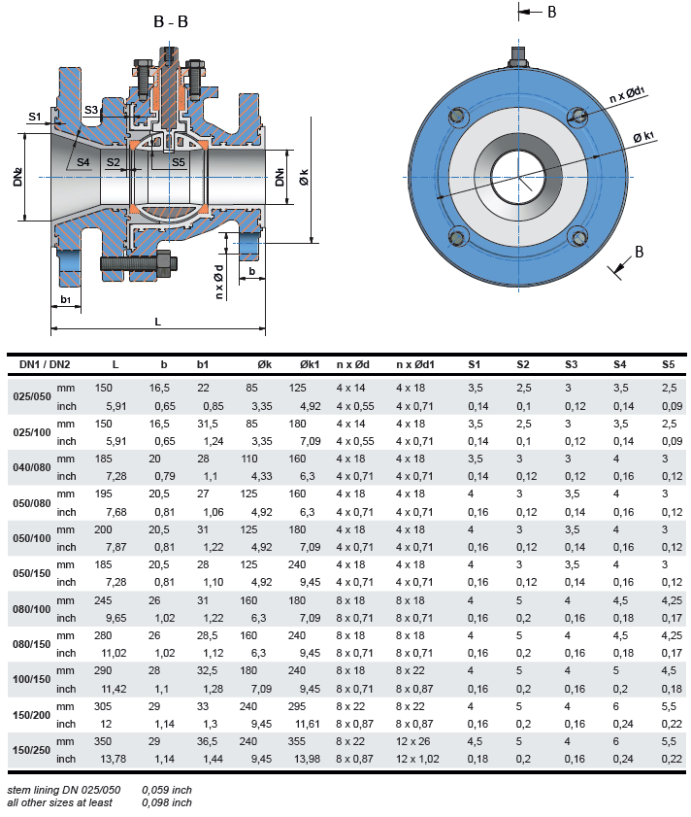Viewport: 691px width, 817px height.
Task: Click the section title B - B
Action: click(x=170, y=22)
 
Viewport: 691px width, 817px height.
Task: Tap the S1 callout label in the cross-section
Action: click(x=35, y=117)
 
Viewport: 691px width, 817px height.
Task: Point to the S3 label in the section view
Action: click(x=91, y=111)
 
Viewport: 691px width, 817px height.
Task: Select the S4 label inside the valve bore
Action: click(x=83, y=161)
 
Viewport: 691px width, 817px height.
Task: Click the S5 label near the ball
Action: click(x=179, y=162)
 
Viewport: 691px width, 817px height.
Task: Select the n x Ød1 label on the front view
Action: click(x=628, y=94)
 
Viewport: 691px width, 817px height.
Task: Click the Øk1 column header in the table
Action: click(x=309, y=364)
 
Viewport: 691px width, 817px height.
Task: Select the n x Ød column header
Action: click(x=353, y=364)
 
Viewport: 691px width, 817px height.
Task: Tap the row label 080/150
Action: click(x=31, y=643)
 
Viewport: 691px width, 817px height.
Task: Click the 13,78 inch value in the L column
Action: click(x=116, y=758)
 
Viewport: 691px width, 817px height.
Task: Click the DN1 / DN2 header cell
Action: click(x=45, y=364)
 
